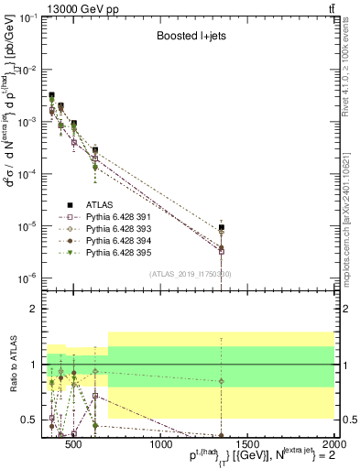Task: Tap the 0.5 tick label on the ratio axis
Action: tap(30, 420)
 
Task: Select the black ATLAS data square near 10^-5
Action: tap(222, 227)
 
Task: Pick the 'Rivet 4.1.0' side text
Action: tap(351, 69)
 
